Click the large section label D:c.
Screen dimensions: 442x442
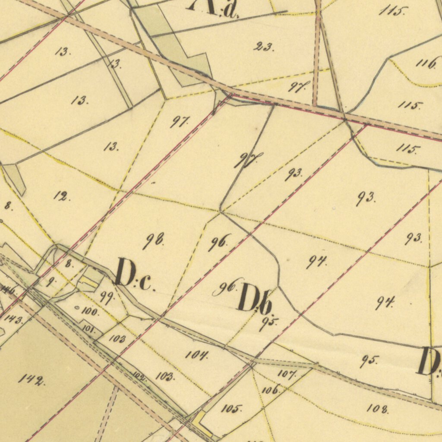[x=133, y=274]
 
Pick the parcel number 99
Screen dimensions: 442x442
[x=106, y=297]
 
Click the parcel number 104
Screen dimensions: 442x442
[x=197, y=355]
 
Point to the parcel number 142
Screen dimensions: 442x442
[x=31, y=380]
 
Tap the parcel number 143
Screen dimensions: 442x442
[x=14, y=319]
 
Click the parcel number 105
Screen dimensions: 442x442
[x=231, y=408]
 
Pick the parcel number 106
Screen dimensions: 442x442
[x=271, y=390]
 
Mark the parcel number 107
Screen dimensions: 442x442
[x=286, y=374]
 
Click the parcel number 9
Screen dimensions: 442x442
[x=51, y=283]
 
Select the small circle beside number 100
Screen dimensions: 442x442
[x=77, y=308]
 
